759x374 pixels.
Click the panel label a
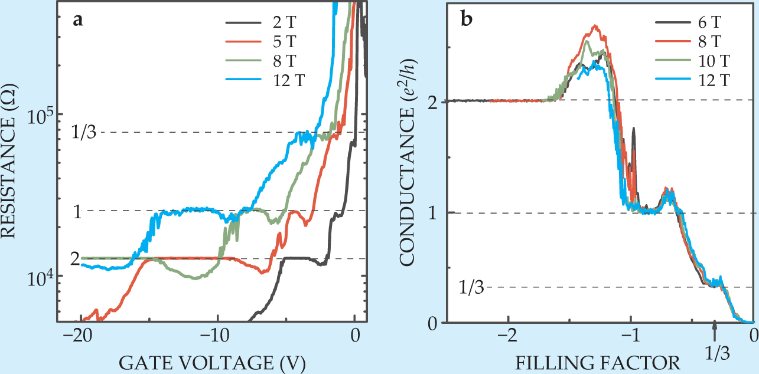click(77, 21)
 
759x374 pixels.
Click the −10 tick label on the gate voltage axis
click(217, 334)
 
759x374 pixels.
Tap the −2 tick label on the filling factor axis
click(508, 334)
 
